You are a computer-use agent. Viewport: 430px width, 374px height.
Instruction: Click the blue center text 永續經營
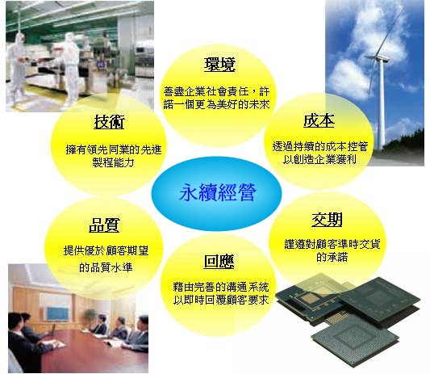217,192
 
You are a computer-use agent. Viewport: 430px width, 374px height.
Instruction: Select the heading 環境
219,65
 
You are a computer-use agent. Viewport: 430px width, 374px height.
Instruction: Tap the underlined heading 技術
109,122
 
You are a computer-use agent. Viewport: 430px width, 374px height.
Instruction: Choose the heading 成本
319,120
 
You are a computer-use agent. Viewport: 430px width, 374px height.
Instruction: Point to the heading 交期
327,220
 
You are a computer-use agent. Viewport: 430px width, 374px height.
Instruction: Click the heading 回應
219,262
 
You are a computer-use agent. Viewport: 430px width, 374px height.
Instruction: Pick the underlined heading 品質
104,225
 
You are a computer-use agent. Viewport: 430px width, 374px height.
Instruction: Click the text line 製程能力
113,163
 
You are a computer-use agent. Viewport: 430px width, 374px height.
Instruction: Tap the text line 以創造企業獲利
319,160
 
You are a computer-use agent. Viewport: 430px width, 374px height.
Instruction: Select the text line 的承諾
332,258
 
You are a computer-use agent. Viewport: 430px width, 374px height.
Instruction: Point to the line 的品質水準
106,267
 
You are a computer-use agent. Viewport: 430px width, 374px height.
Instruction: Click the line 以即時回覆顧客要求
221,300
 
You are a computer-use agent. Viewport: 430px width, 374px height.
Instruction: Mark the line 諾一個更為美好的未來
217,105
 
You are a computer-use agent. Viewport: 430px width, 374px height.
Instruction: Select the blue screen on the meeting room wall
57,313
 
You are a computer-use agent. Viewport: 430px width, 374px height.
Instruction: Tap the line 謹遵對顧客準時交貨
332,244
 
